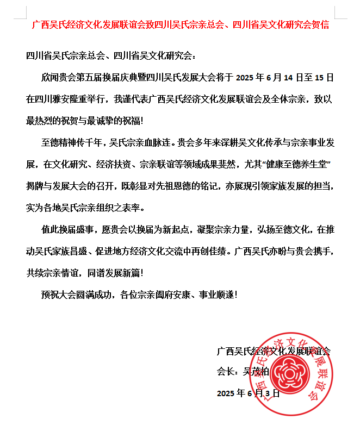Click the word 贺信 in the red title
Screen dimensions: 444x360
[x=320, y=25]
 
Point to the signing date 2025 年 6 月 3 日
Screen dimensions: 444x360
[x=248, y=393]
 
